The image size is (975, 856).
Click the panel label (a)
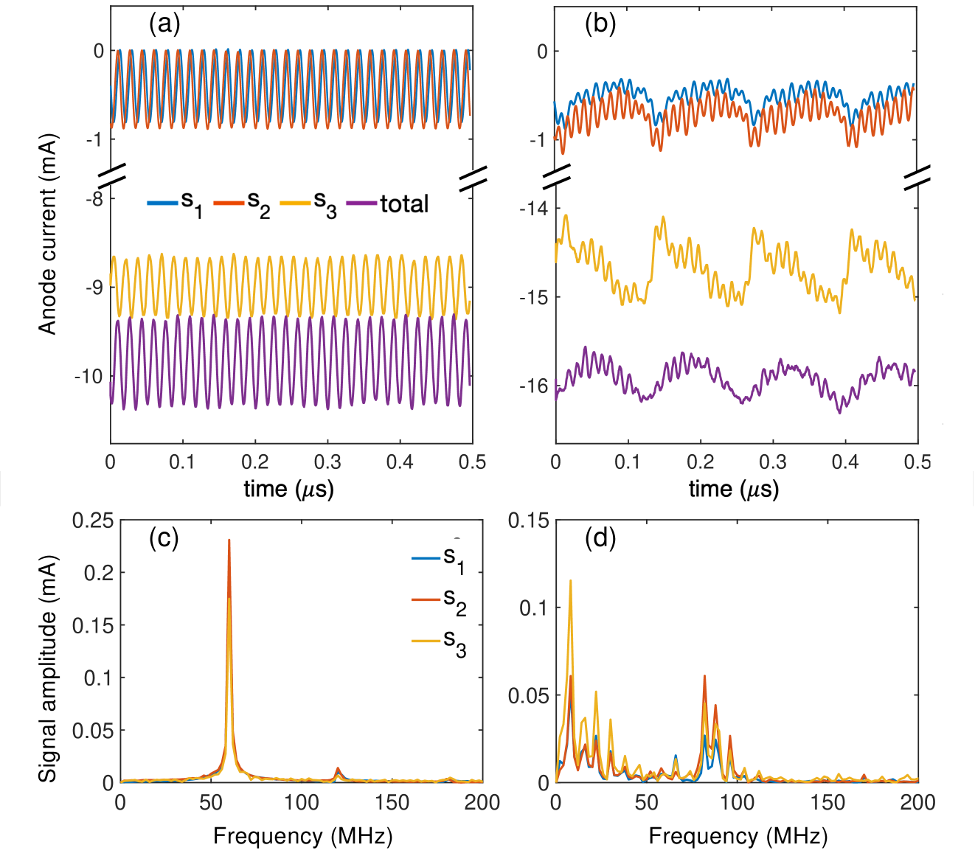coord(164,25)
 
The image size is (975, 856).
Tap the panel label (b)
coord(600,25)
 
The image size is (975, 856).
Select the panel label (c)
coord(164,539)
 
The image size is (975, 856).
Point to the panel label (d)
coord(600,539)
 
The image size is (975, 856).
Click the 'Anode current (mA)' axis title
coord(48,234)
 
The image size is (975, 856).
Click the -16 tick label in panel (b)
coord(533,386)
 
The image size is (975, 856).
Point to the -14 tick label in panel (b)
coord(533,209)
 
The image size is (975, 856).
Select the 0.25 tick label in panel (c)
coord(93,521)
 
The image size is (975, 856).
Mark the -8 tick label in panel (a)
coord(95,198)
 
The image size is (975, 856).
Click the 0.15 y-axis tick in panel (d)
coord(529,521)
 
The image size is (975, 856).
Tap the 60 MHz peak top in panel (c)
coord(229,540)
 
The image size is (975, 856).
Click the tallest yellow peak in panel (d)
coord(570,581)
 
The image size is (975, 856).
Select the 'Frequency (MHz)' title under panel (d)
coord(738,836)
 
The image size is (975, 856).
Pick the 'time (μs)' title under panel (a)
coord(289,489)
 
